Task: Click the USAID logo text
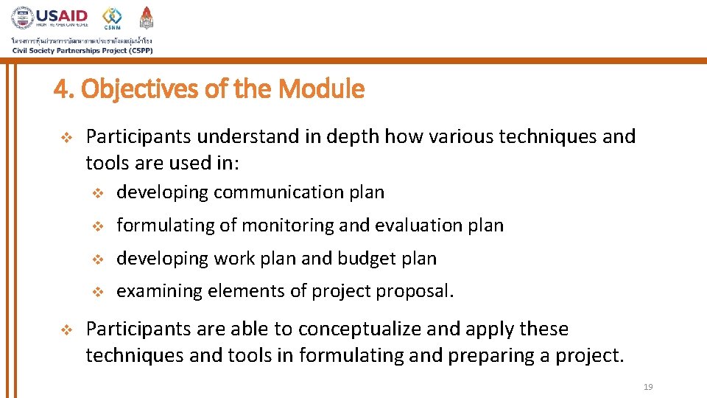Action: [x=63, y=15]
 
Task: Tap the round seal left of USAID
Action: [x=22, y=18]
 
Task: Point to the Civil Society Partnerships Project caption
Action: [x=82, y=50]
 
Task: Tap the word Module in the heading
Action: [x=324, y=89]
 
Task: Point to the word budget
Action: [x=368, y=259]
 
